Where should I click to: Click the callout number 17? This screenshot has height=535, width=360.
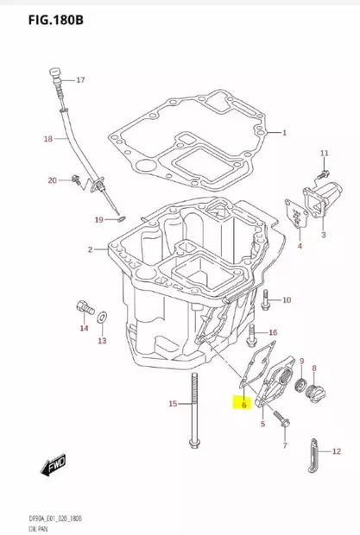[x=80, y=80]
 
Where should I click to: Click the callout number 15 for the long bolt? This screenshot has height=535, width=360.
[x=172, y=404]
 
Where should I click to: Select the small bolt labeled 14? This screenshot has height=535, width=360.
[x=82, y=307]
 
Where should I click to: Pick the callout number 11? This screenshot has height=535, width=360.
[x=325, y=153]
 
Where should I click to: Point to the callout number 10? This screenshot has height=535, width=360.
[x=287, y=299]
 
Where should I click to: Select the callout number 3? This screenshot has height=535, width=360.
[x=324, y=233]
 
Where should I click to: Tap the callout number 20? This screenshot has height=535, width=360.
[x=52, y=179]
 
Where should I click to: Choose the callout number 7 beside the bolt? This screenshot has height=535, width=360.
[x=284, y=446]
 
